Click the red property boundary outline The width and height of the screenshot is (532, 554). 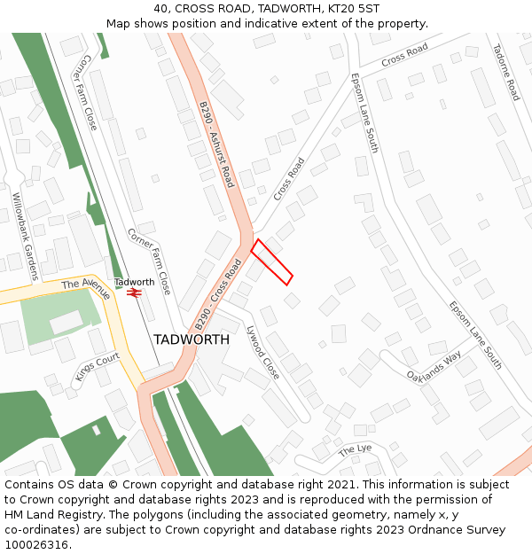coord(272,262)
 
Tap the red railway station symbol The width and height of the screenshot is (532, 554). coord(134,293)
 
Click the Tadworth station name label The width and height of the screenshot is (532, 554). coord(134,282)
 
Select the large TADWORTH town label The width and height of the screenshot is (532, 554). coord(192,339)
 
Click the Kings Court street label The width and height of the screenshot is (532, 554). coord(98,366)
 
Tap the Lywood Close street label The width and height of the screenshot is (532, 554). coord(262,353)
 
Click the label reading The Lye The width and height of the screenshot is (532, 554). coord(356,450)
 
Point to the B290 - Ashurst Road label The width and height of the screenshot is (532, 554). coord(216,144)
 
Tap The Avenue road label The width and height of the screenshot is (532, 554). coord(86,289)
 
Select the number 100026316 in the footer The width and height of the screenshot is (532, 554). coord(36,544)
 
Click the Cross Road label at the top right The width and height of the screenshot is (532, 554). coord(404,55)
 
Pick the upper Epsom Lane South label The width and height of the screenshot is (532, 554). coord(364,113)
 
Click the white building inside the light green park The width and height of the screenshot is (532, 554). coord(66,323)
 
